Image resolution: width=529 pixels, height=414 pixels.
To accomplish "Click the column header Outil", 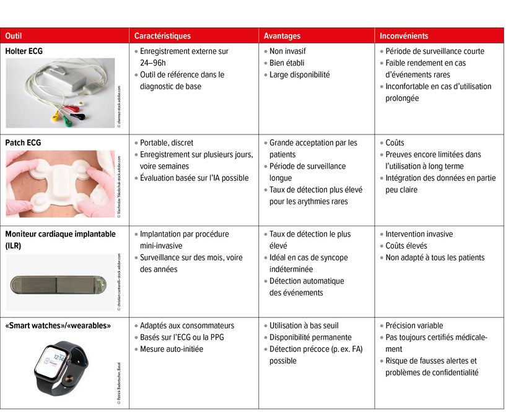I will click(14, 36).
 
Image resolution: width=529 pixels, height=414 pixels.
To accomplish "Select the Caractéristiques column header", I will click(162, 36).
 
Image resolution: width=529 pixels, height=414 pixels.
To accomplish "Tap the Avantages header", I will click(282, 36).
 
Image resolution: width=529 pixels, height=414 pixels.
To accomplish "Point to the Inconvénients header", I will click(404, 36).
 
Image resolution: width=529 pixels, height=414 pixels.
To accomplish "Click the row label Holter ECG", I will click(24, 51).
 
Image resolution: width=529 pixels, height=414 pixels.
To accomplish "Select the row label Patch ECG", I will click(23, 143).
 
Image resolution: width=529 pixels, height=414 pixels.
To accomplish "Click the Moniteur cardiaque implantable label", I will click(60, 234).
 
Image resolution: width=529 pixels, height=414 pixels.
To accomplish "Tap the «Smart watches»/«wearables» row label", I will click(58, 326).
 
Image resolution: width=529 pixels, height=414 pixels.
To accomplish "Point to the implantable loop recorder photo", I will click(59, 284).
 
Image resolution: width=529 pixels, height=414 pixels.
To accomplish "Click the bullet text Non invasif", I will click(287, 51).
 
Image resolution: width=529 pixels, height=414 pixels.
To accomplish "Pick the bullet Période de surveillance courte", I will click(435, 51).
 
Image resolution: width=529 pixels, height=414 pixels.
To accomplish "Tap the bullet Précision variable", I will click(414, 326).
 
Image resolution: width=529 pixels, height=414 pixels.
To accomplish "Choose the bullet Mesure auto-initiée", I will click(171, 350).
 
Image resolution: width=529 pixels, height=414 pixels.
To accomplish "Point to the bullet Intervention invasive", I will click(419, 234).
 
